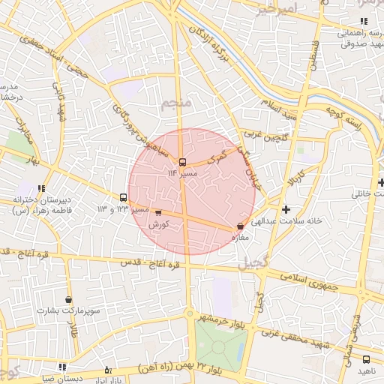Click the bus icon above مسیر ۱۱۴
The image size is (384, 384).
(x=182, y=162)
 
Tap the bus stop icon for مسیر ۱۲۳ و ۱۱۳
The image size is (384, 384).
(x=123, y=199)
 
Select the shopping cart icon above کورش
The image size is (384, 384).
(x=157, y=214)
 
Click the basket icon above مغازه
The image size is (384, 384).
(x=240, y=226)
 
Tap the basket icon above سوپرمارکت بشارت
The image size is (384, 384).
(x=69, y=299)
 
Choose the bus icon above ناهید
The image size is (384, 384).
(x=366, y=360)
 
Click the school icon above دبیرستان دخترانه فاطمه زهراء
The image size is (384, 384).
(x=42, y=188)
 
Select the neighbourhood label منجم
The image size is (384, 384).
(x=177, y=102)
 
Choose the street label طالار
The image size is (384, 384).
(x=73, y=331)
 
